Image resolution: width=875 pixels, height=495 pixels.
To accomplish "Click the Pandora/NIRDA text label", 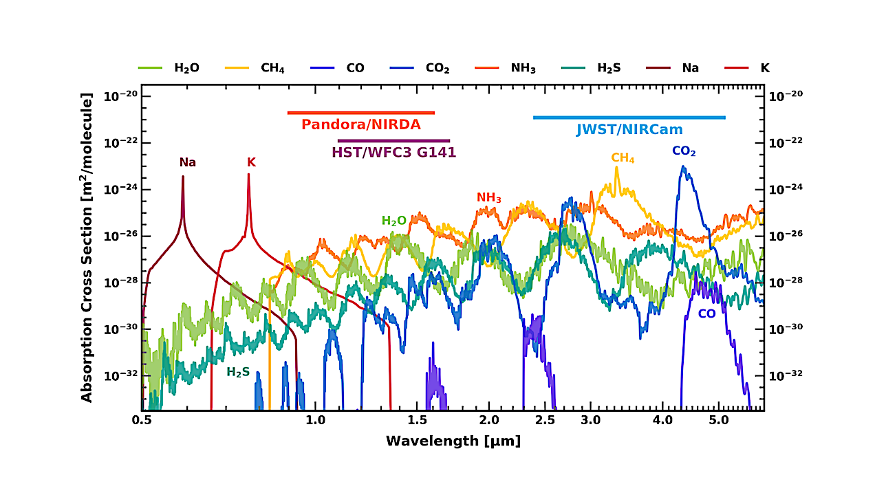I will point(360,125).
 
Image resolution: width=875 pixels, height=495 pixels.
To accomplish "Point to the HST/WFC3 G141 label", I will point(393,153).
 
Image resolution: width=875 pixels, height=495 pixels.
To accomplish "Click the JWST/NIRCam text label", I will point(629,129).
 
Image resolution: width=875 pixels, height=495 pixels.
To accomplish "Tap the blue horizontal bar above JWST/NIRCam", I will point(629,118).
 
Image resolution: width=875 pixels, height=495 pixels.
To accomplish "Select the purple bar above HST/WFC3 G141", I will point(393,141).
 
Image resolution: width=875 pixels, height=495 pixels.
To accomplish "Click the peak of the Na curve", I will point(183,177).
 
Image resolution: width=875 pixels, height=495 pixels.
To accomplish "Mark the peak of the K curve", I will point(248,175).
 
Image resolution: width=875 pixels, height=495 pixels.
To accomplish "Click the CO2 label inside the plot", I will point(684,151).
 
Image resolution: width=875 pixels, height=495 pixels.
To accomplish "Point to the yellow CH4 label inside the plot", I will point(623,158).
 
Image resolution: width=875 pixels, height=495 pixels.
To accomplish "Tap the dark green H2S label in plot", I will point(238,372).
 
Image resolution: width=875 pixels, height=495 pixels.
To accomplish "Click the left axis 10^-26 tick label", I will point(120,236).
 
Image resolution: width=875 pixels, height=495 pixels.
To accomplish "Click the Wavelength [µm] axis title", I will point(453,441).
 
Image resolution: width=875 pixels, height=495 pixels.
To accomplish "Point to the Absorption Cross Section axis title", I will point(87,248).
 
